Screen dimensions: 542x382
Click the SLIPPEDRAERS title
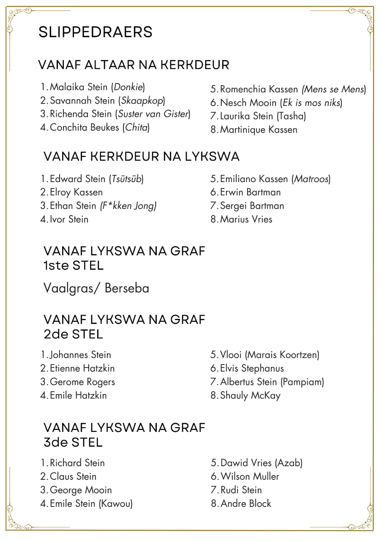[x=95, y=32]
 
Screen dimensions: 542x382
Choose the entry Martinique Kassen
[x=259, y=130]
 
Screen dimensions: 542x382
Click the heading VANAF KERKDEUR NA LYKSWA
[x=142, y=157]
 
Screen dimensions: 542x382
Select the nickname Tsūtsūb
[x=126, y=179]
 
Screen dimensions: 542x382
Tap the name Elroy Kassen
[x=76, y=193]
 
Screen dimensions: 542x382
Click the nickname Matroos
[x=311, y=179]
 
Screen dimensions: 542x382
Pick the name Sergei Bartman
[x=252, y=206]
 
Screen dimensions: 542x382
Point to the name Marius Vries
[x=246, y=219]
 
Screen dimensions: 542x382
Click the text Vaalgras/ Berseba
[x=96, y=288]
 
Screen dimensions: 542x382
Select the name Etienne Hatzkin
[x=82, y=368]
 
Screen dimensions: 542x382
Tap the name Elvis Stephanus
[x=252, y=368]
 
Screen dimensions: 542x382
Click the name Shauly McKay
[x=250, y=396]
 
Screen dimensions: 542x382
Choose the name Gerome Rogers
[x=82, y=382]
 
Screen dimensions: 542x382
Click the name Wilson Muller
[x=250, y=477]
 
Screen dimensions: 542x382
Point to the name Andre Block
[x=246, y=504]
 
